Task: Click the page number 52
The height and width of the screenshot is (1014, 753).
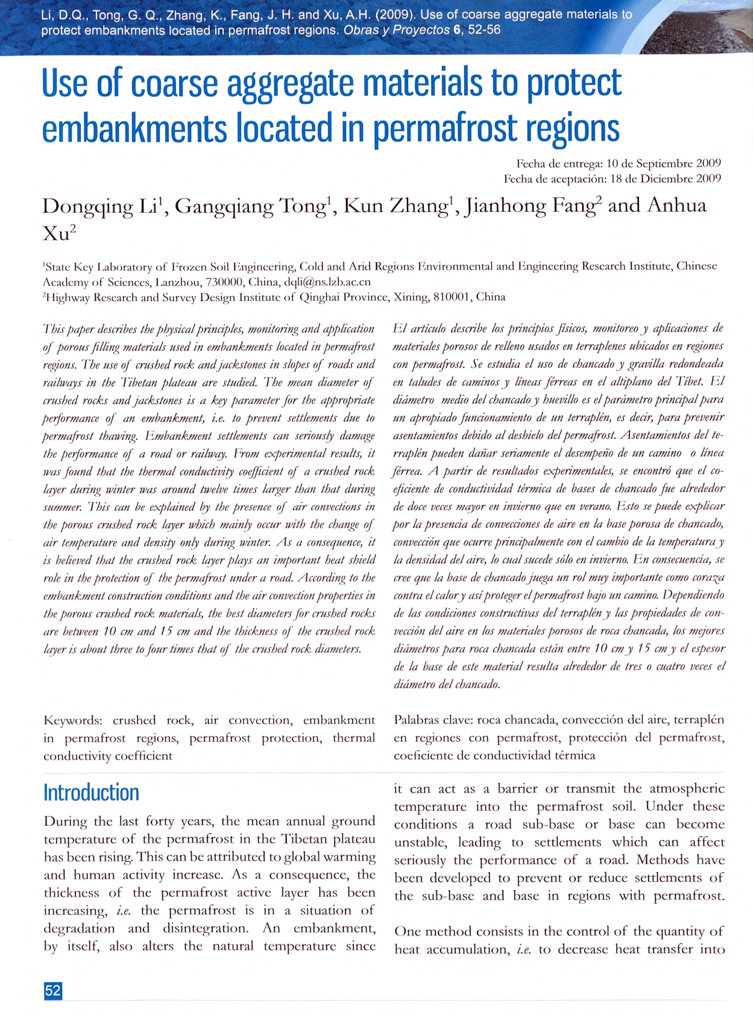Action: coord(53,990)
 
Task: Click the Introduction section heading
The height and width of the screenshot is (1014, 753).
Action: coord(91,792)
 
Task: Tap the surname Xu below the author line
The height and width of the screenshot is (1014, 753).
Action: coord(56,233)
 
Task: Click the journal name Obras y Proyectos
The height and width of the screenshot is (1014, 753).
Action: coord(397,30)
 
